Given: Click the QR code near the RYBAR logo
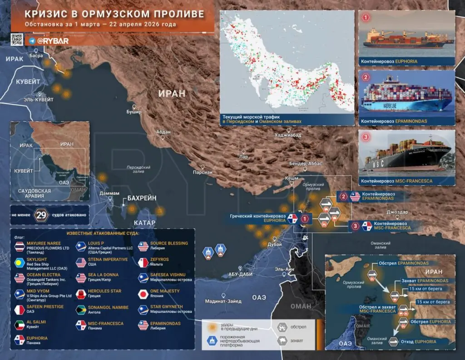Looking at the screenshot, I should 17,40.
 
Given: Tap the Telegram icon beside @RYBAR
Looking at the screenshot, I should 32,41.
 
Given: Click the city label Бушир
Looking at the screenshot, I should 134,112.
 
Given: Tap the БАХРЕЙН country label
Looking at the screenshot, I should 141,198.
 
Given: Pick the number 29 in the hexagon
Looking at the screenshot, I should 41,215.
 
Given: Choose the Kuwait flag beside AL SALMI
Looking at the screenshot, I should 20,325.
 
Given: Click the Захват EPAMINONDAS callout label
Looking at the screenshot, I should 425,281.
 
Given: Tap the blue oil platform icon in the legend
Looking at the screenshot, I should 211,340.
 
